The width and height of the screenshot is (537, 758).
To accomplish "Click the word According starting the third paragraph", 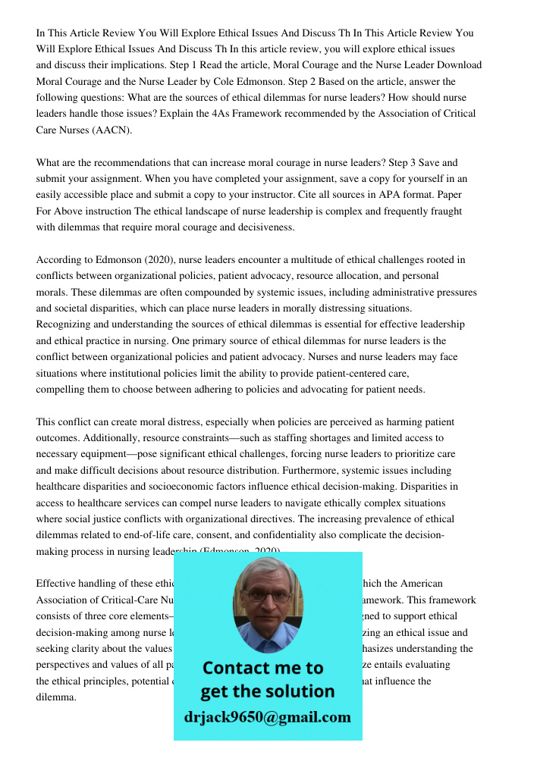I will [59, 260].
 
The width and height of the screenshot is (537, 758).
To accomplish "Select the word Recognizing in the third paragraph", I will [65, 324].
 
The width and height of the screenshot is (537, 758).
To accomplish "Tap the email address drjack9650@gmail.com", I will [267, 717].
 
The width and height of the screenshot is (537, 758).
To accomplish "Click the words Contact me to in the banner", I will [262, 668].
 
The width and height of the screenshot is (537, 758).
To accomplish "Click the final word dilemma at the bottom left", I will [56, 697].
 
